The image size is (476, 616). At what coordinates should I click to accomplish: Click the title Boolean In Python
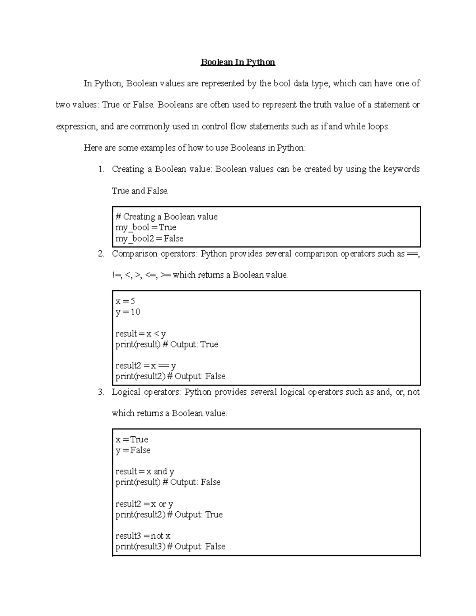[x=238, y=62]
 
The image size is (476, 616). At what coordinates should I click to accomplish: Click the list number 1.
[x=101, y=169]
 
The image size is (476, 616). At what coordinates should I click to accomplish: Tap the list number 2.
[x=101, y=254]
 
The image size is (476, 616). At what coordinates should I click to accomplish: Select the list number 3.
[x=101, y=392]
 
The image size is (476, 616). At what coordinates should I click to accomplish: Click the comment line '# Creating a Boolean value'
[x=166, y=217]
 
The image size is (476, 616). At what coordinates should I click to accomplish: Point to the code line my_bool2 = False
[x=149, y=238]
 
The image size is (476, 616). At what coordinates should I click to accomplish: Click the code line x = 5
[x=125, y=301]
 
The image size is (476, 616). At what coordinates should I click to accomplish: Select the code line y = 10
[x=128, y=312]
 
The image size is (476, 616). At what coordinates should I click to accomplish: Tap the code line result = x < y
[x=140, y=334]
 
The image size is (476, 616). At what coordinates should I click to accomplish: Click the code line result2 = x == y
[x=145, y=366]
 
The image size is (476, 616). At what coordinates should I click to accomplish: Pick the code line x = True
[x=132, y=439]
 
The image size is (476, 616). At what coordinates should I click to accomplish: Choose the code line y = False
[x=133, y=450]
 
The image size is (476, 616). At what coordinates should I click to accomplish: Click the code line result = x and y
[x=145, y=472]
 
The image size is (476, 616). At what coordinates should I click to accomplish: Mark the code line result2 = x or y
[x=144, y=504]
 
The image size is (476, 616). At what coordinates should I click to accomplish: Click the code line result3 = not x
[x=142, y=536]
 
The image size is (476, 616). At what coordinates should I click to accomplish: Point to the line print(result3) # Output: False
[x=170, y=547]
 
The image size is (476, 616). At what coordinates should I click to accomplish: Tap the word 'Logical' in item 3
[x=126, y=392]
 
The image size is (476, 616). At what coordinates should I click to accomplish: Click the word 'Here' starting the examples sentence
[x=93, y=148]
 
